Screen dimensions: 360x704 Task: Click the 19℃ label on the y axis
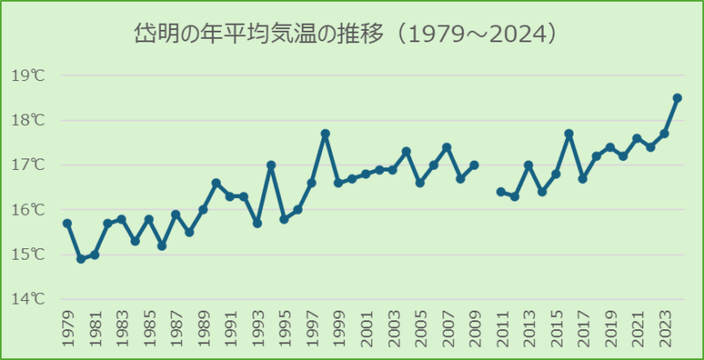[x=28, y=76]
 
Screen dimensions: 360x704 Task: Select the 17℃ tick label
[x=28, y=165]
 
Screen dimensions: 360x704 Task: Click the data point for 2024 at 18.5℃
[x=678, y=98]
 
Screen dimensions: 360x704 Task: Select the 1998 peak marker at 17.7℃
[x=325, y=134]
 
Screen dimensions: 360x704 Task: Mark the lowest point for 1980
[x=80, y=259]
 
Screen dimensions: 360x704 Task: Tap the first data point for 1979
[x=67, y=224]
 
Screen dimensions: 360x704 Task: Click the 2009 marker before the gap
[x=474, y=165]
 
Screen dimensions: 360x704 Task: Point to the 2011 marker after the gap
[x=501, y=192]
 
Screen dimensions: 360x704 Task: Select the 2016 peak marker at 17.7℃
[x=568, y=134]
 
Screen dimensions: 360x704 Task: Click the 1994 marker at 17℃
[x=271, y=165]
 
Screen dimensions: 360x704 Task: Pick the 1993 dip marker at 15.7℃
[x=257, y=224]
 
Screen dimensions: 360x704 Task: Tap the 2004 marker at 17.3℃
[x=407, y=151]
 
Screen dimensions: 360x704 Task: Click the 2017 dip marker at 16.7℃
[x=583, y=179]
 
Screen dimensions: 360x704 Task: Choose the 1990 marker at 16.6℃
[x=216, y=183]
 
